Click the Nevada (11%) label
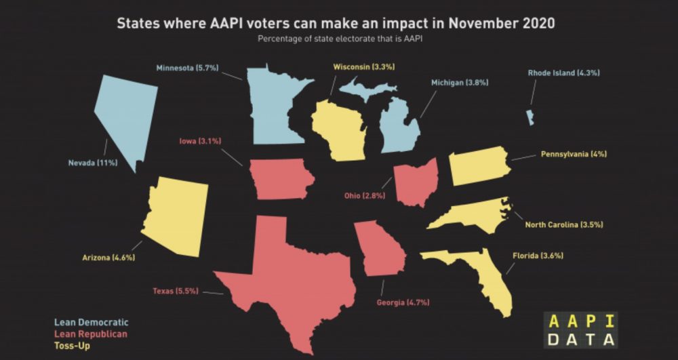pyautogui.click(x=93, y=163)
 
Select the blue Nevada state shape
pyautogui.click(x=125, y=115)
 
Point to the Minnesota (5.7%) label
pyautogui.click(x=186, y=68)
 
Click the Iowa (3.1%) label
pyautogui.click(x=200, y=141)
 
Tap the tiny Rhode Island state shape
pyautogui.click(x=530, y=117)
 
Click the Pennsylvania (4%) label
pyautogui.click(x=574, y=154)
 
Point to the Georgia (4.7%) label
pyautogui.click(x=403, y=302)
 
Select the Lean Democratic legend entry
pyautogui.click(x=91, y=322)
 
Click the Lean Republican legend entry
pyautogui.click(x=90, y=334)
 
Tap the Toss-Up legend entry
pyautogui.click(x=71, y=346)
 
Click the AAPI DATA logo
pyautogui.click(x=580, y=330)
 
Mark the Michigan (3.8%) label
pyautogui.click(x=460, y=83)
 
